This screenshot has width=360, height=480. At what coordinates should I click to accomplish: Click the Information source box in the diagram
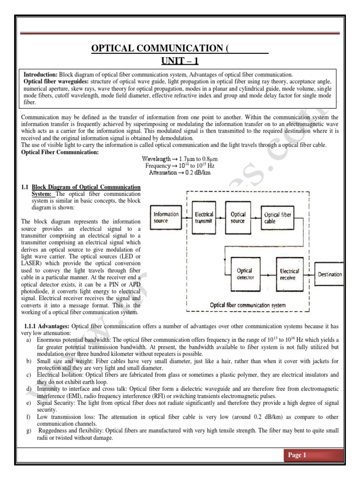[165, 217]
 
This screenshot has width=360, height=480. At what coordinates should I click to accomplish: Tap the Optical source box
[238, 217]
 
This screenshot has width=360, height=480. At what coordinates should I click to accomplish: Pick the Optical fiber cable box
[277, 217]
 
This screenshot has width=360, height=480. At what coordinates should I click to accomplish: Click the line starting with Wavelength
[180, 159]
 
